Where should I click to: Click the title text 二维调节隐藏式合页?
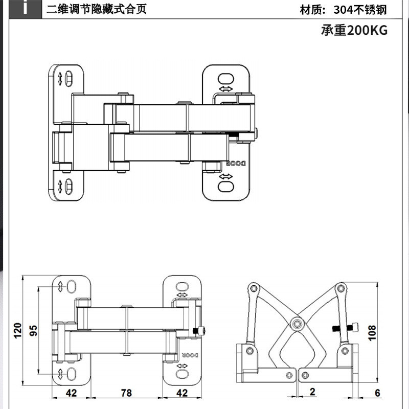(96, 9)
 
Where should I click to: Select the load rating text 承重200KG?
(354, 30)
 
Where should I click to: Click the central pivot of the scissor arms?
(297, 324)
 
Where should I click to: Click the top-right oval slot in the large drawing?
(224, 79)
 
